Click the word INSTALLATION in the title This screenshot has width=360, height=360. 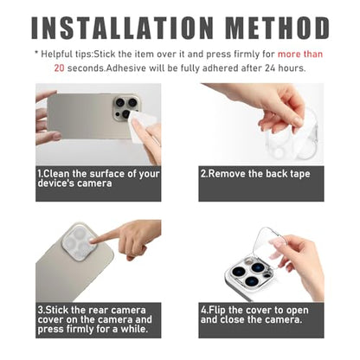coord(122,28)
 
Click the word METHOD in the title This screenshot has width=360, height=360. coord(278,28)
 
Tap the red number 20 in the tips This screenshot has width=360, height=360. coord(59,68)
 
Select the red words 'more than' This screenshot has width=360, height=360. coord(300,55)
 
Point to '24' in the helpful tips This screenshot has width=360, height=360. coord(270,68)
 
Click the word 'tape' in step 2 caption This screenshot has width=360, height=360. coord(300,174)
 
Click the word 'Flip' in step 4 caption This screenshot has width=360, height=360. coord(217,311)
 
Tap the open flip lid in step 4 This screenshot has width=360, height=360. coord(270,245)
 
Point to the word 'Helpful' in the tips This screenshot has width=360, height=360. coord(56,55)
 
